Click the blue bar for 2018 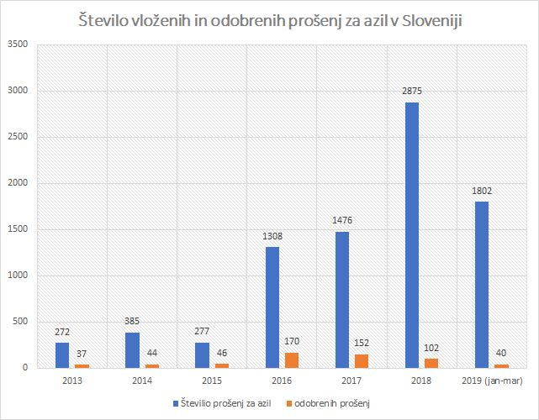(411, 235)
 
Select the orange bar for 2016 (291, 360)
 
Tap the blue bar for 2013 (61, 355)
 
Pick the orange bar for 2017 (361, 360)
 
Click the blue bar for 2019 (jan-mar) (482, 285)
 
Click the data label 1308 (272, 238)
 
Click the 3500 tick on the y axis (18, 45)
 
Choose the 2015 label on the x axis (211, 381)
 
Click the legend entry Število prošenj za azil (225, 403)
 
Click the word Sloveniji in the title (427, 19)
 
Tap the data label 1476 (341, 222)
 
